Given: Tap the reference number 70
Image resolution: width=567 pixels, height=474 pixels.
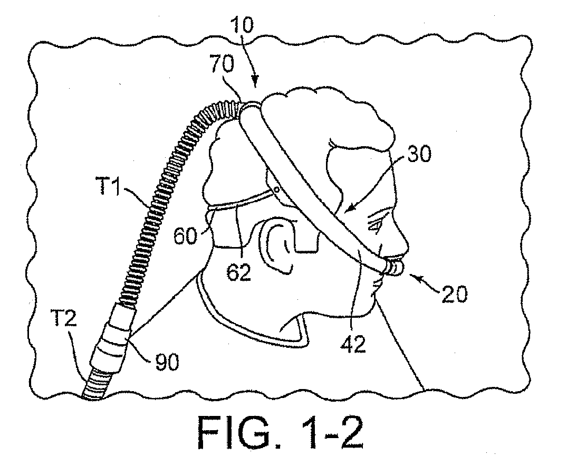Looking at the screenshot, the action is point(222,64).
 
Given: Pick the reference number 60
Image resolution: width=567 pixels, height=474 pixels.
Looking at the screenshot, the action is point(186,236).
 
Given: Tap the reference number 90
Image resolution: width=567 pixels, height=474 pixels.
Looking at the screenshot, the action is point(167,361).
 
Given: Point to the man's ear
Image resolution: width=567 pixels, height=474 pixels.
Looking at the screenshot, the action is point(279,248).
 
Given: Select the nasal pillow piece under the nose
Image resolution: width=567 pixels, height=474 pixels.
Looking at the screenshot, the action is point(394,267).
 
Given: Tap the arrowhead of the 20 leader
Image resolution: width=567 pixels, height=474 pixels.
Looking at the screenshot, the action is point(411,276).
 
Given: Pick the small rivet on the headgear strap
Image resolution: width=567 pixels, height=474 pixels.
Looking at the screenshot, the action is point(276,188).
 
